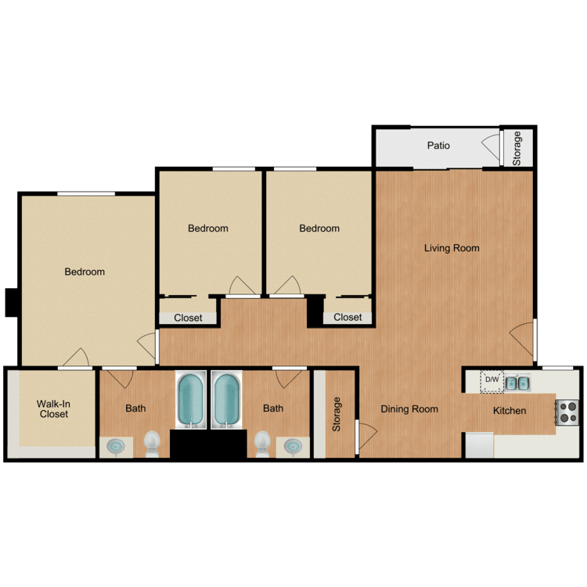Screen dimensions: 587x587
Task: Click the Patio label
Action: (x=438, y=146)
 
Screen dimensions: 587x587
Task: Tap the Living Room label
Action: (x=452, y=248)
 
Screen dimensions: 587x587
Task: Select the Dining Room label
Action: (x=409, y=409)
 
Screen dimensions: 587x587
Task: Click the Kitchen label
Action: (x=510, y=411)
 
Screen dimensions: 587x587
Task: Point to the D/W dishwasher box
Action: (x=492, y=381)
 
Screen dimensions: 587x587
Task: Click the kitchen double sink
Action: (x=517, y=383)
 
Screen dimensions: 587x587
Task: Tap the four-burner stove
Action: (x=567, y=412)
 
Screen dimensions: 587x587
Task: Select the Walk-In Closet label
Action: (x=53, y=409)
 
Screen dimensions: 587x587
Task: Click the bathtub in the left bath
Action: (x=191, y=399)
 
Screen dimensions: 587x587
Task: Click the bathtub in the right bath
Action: (x=226, y=399)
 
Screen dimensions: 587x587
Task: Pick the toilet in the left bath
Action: (x=152, y=443)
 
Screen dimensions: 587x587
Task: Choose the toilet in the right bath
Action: (x=262, y=443)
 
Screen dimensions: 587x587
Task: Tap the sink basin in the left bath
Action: (x=116, y=446)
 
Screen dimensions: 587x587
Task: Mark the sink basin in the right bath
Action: (x=293, y=446)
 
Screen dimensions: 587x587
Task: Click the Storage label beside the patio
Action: (x=517, y=148)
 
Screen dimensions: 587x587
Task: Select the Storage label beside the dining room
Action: (x=337, y=414)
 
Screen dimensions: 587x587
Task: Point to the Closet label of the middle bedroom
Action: (x=188, y=318)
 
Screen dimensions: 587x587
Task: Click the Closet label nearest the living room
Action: (x=348, y=318)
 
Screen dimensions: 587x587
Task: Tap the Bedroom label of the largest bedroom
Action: (x=85, y=272)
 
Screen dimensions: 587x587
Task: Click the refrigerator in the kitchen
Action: (x=480, y=445)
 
